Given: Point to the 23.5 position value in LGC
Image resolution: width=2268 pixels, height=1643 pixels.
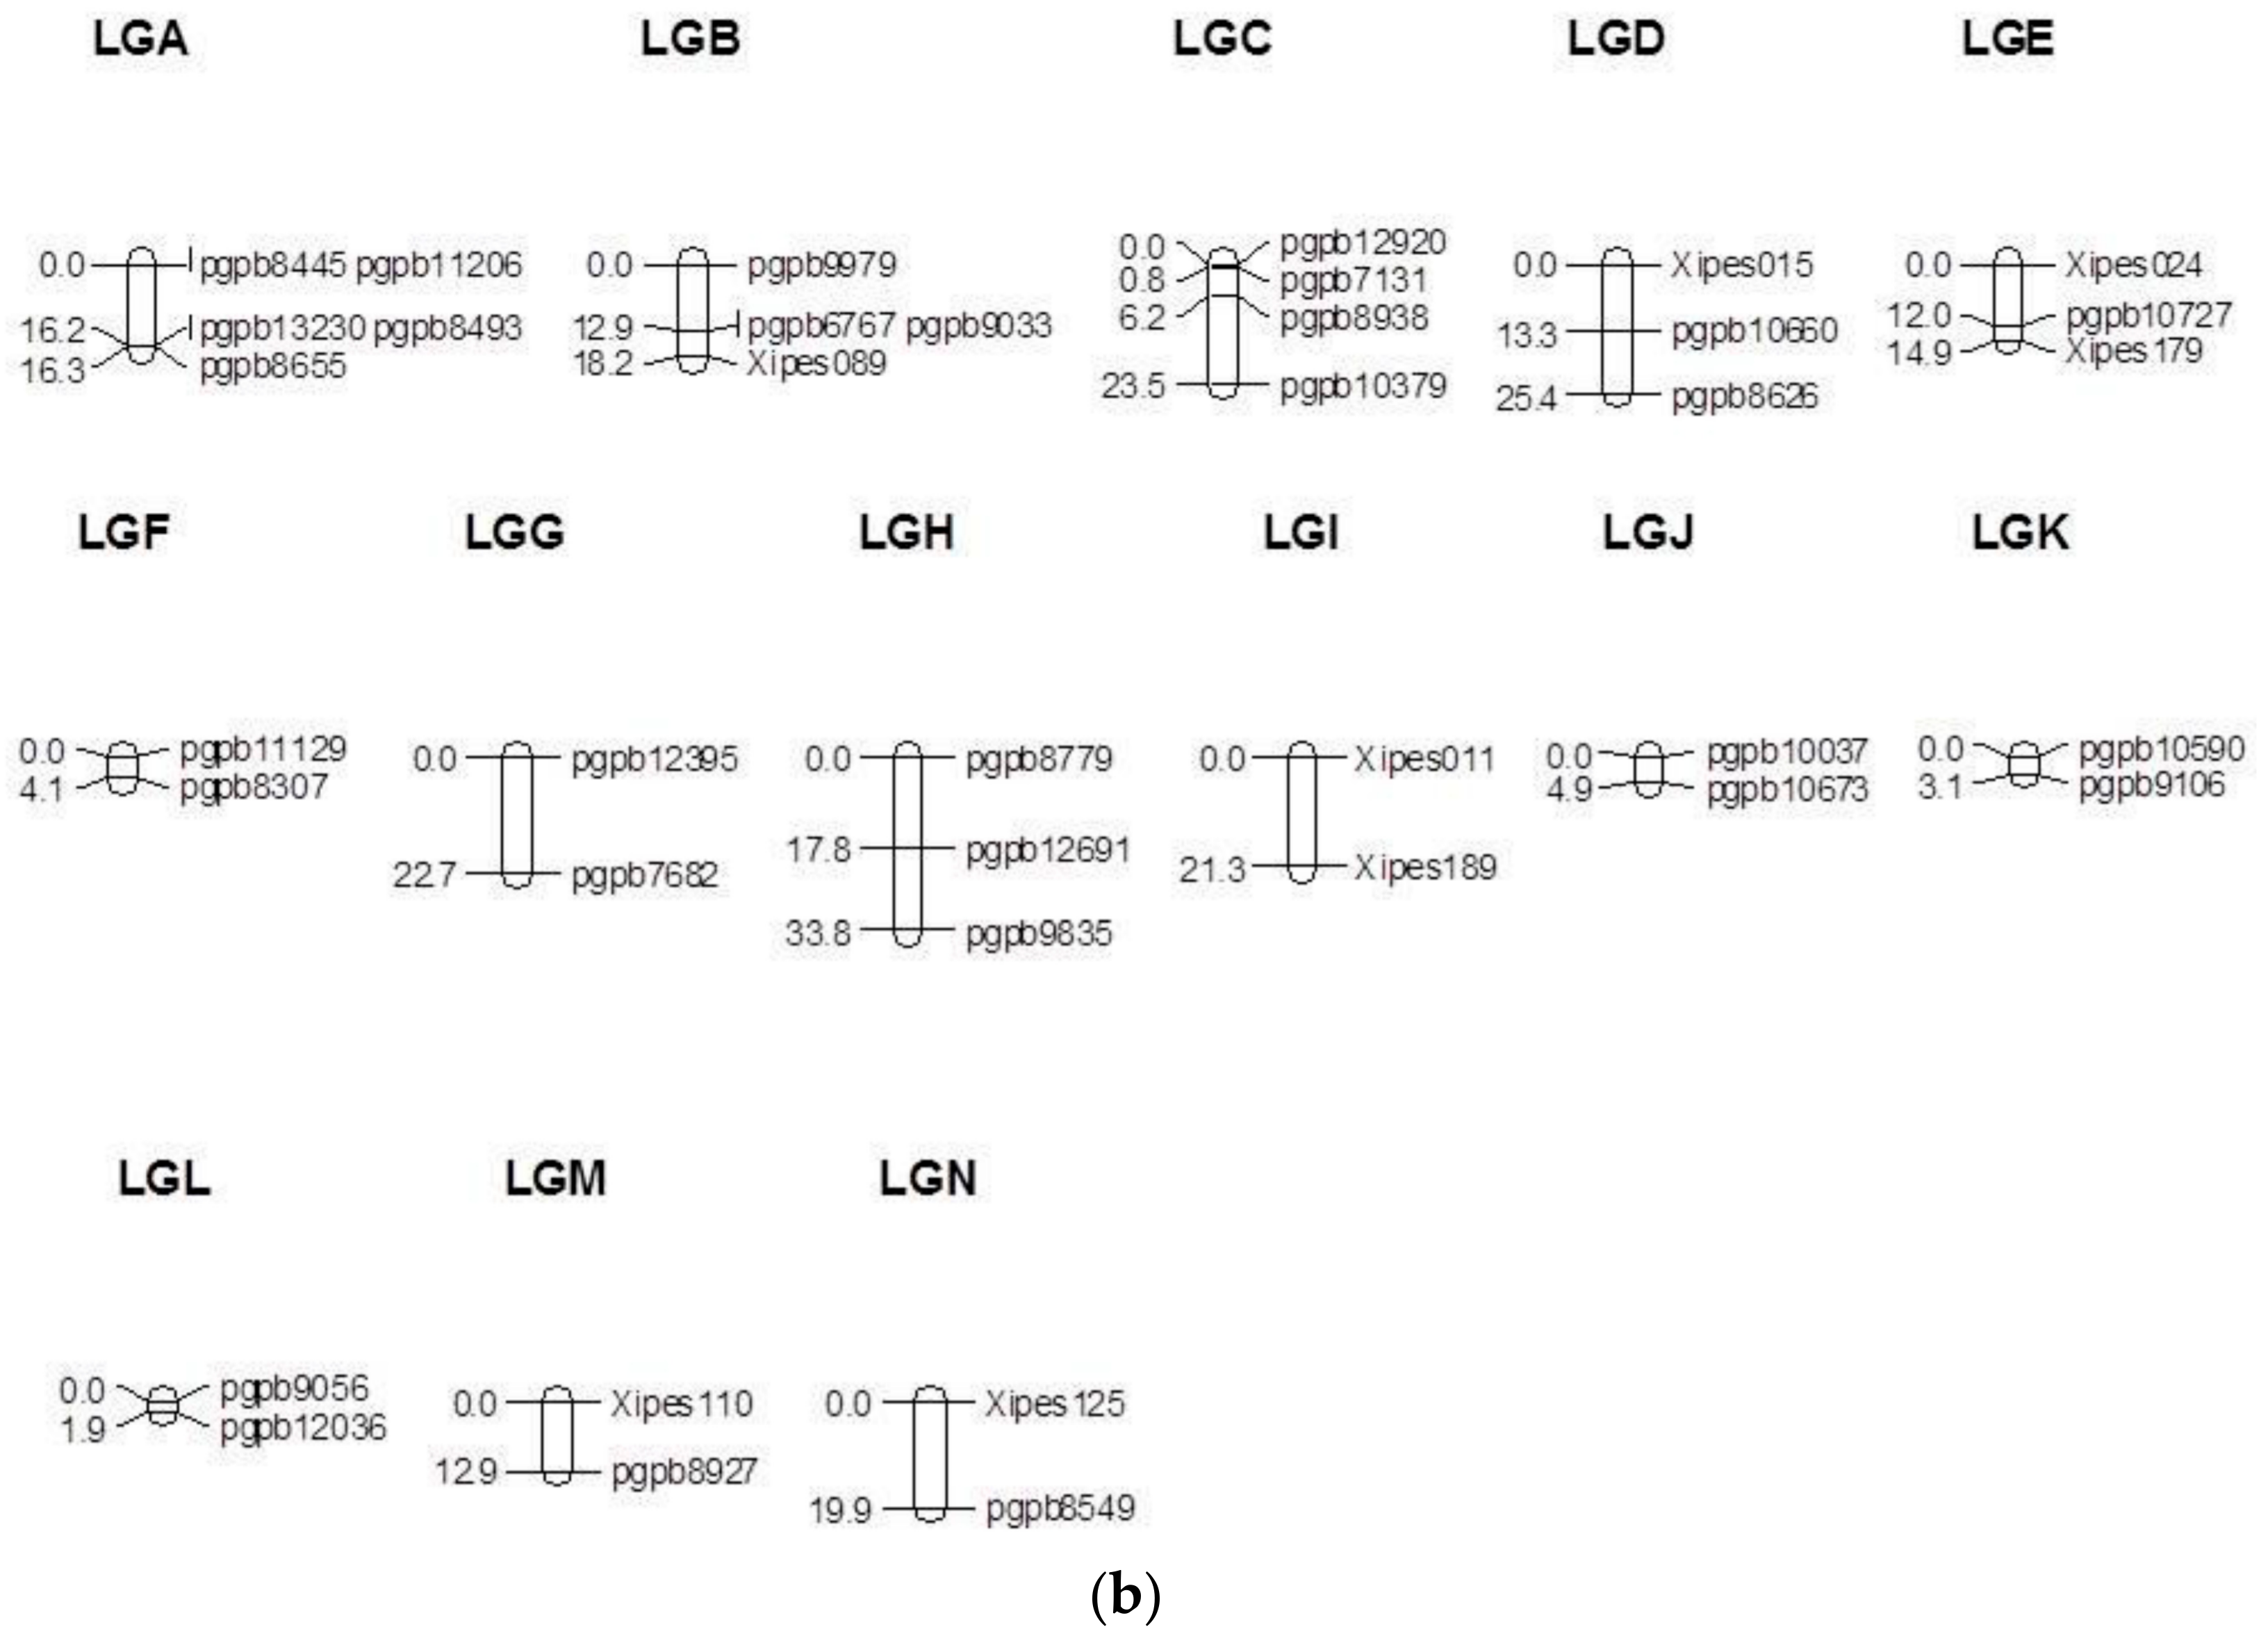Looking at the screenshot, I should pos(1133,386).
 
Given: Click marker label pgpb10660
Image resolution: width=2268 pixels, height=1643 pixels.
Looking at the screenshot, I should pos(1754,331).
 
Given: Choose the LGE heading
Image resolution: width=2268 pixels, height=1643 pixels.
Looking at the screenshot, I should pos(2007,39).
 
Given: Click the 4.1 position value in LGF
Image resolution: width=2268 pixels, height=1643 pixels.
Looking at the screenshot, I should pos(41,789).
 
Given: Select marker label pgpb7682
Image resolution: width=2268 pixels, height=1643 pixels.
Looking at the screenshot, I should pos(644,876).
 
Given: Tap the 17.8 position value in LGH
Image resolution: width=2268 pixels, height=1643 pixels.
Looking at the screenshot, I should pos(818,850).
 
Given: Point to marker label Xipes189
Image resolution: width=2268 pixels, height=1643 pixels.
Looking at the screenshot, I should pos(1425,867).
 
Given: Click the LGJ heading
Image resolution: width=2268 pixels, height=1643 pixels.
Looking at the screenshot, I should pos(1648,532).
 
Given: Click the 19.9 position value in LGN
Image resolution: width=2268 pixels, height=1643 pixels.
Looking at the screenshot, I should pos(840,1510).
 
